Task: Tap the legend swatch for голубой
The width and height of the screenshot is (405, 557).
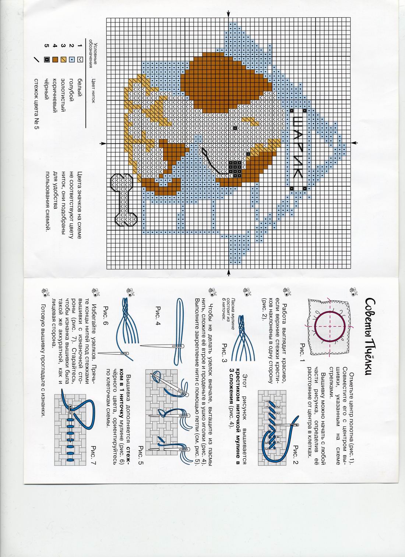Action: pyautogui.click(x=72, y=60)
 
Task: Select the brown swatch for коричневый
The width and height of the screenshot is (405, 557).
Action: pyautogui.click(x=55, y=60)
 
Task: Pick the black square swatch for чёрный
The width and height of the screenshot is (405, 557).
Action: pyautogui.click(x=47, y=60)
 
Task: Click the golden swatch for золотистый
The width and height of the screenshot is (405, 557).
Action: pyautogui.click(x=63, y=60)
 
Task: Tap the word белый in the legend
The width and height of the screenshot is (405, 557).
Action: pyautogui.click(x=80, y=85)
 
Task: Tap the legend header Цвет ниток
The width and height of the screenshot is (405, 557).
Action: pyautogui.click(x=93, y=91)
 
